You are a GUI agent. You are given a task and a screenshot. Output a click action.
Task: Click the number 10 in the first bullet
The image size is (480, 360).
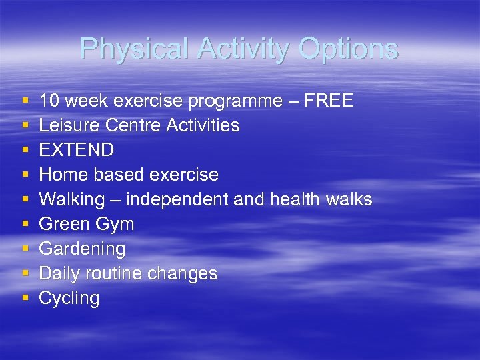48,101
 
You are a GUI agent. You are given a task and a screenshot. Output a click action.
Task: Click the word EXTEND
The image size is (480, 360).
76,150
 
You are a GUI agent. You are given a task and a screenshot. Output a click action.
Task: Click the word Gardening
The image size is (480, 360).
82,249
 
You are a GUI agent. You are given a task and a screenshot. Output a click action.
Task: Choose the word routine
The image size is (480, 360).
125,273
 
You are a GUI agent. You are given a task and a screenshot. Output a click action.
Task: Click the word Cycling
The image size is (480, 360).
69,299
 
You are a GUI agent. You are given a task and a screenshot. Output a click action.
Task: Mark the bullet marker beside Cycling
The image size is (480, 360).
25,298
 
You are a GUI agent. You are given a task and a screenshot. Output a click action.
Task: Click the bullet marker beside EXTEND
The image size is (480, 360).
25,150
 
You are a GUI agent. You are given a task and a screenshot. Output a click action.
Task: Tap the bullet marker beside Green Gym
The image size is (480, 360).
25,224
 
